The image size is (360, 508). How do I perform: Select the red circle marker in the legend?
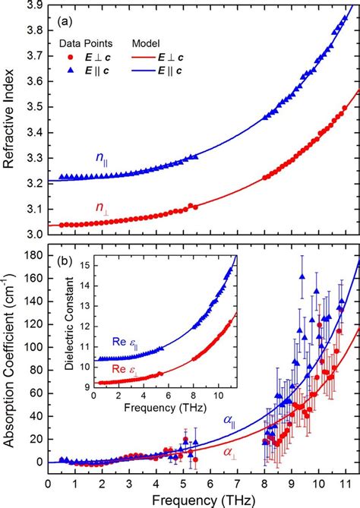[x=71, y=57]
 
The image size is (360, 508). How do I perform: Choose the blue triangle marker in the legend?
[x=71, y=70]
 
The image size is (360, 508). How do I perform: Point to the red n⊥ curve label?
[x=103, y=206]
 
